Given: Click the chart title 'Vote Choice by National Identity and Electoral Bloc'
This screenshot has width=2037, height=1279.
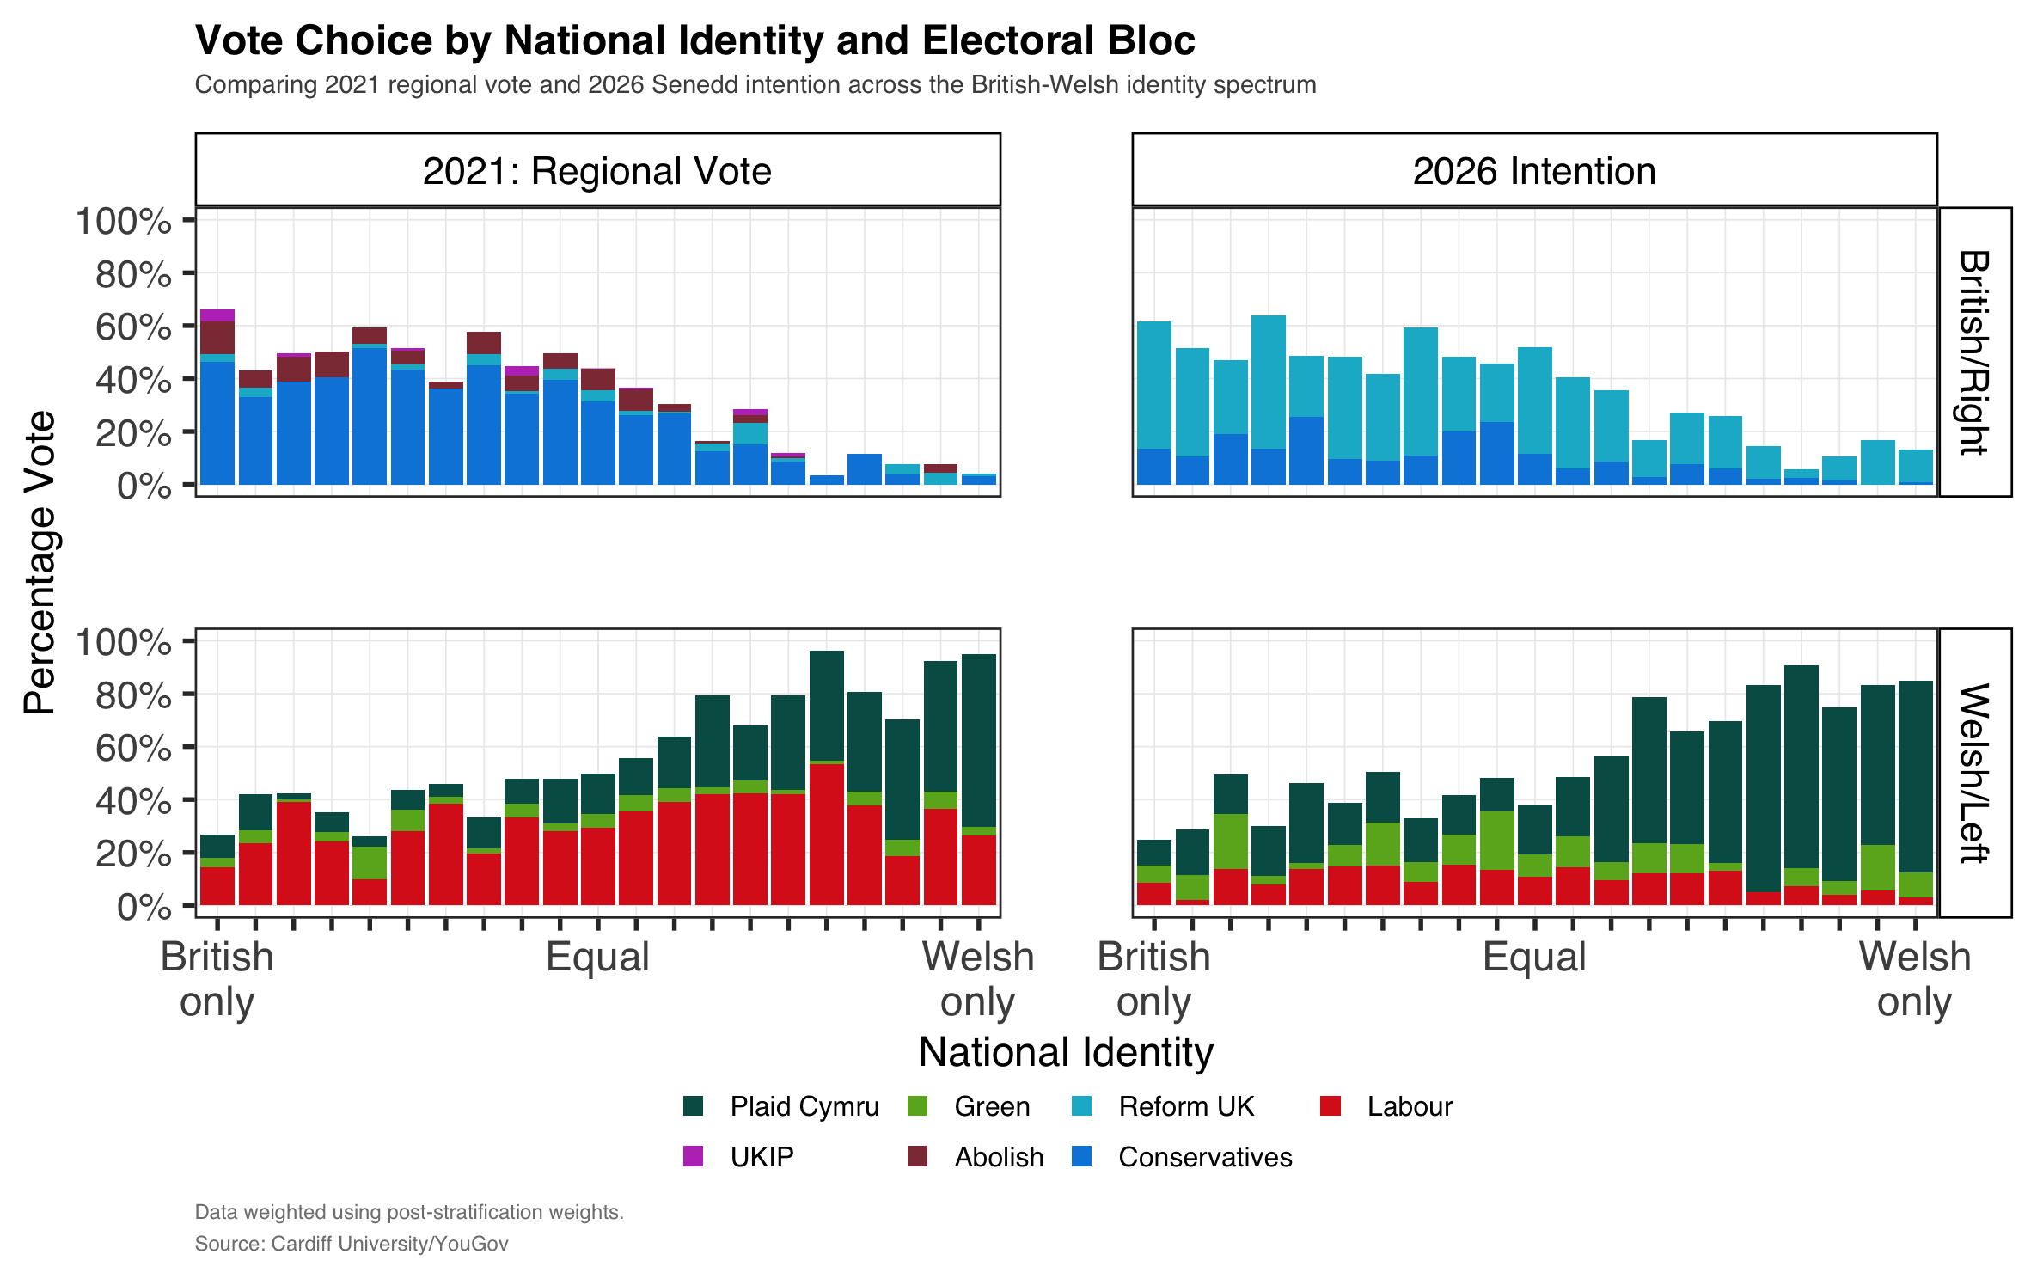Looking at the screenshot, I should [694, 40].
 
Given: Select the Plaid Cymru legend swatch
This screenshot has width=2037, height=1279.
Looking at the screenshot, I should [694, 1106].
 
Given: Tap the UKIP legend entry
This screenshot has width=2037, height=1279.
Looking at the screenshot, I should [762, 1157].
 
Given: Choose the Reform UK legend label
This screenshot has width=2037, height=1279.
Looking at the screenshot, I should [1186, 1106].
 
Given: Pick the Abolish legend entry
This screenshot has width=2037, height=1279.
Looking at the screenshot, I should [999, 1157].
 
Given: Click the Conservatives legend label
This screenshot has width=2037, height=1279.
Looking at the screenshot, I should [1205, 1157].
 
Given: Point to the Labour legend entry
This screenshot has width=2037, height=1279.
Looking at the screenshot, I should [1410, 1106].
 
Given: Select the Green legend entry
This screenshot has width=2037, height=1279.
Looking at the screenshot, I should [992, 1106].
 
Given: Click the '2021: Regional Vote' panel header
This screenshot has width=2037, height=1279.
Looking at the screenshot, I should [597, 170].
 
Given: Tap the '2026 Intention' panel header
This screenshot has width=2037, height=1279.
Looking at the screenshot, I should [1534, 170].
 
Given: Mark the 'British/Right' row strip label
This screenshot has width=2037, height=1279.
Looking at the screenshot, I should [1974, 352].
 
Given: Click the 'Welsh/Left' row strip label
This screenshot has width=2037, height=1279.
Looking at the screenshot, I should [1974, 773].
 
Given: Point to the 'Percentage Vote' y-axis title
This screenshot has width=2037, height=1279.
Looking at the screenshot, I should [40, 563].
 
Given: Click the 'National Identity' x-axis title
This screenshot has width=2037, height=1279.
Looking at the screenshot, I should [1066, 1052].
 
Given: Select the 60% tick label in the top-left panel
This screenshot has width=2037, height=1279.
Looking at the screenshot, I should [133, 327].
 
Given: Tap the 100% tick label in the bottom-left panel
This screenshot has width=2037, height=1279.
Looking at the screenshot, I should [124, 642].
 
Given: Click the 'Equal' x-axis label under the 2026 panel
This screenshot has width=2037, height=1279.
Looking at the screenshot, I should [1534, 957].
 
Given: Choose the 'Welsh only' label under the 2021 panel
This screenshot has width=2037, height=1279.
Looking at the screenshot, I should [978, 979].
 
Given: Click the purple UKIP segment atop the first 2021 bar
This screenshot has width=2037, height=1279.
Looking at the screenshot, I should [217, 315].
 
